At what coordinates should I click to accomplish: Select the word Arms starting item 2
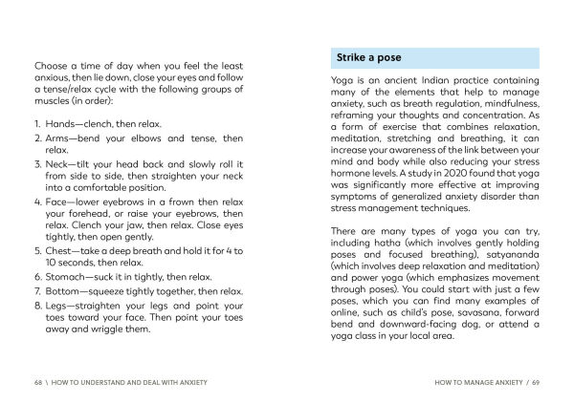(59, 138)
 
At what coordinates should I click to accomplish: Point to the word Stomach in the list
(69, 277)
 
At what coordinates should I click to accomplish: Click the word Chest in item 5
(62, 249)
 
